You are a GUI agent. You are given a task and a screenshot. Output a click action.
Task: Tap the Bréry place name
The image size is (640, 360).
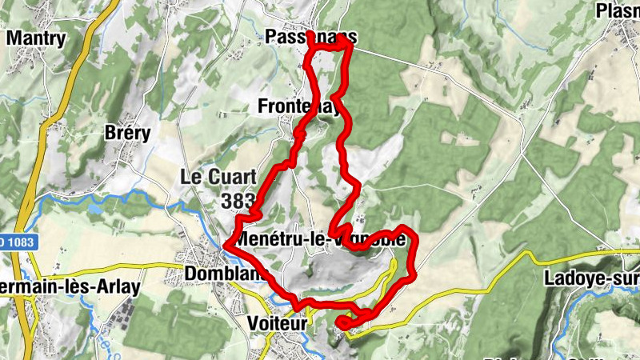[128, 134]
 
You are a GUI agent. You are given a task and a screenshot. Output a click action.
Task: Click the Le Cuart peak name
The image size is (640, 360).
[217, 177]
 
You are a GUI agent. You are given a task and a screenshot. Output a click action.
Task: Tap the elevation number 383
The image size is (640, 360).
[239, 200]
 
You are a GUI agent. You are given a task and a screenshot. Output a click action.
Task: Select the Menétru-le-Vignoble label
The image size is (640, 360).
[324, 239]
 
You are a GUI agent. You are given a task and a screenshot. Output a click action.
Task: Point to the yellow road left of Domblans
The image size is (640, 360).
[120, 265]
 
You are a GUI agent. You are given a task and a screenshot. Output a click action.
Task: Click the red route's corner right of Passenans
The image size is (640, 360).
[349, 48]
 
